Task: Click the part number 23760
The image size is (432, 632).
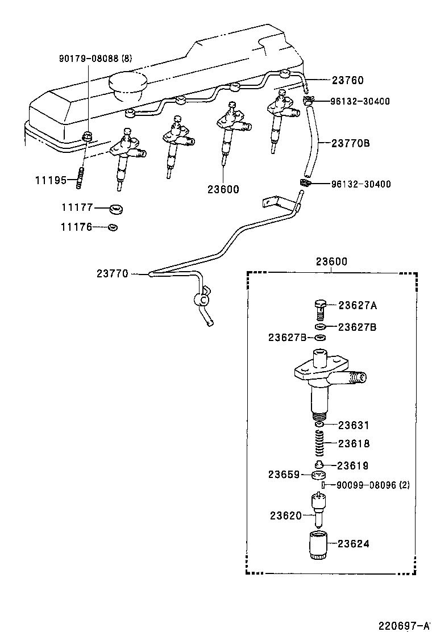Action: click(x=347, y=81)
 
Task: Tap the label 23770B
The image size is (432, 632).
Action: click(x=351, y=143)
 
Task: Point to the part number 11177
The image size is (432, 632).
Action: click(x=77, y=208)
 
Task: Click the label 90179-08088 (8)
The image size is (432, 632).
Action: click(x=95, y=58)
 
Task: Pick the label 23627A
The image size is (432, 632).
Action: click(x=358, y=305)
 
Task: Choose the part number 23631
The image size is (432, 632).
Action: click(x=354, y=425)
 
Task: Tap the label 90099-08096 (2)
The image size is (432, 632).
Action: click(x=373, y=485)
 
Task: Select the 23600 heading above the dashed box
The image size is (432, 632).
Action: click(x=331, y=261)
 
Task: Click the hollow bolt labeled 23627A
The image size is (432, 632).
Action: click(x=320, y=309)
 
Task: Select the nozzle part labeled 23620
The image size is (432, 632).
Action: click(x=319, y=507)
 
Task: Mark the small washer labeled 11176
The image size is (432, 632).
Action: click(x=113, y=227)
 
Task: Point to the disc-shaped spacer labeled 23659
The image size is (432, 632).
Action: click(x=319, y=475)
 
